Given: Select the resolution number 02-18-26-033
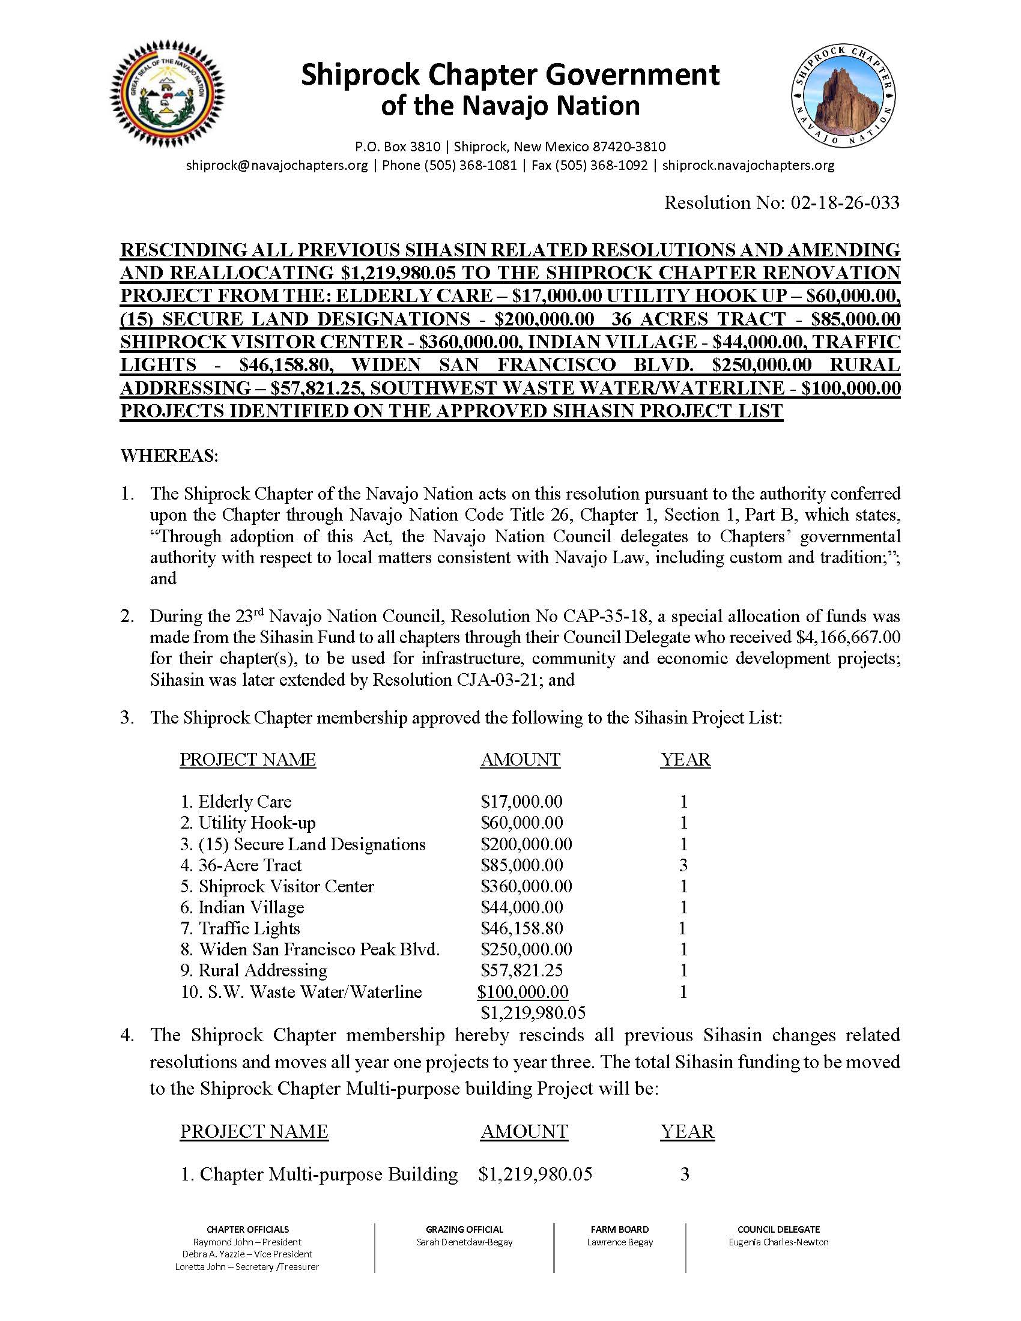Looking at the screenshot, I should tap(844, 202).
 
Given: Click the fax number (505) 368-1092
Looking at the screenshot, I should tap(590, 165).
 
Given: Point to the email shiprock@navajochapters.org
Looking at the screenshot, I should tap(277, 165).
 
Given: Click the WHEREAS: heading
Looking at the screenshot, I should tap(169, 456).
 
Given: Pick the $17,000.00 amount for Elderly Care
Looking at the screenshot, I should tap(521, 802).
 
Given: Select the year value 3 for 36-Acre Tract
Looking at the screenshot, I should tap(683, 865).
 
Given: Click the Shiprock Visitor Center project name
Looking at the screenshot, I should tap(285, 886).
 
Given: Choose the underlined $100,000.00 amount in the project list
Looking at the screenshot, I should tap(523, 991).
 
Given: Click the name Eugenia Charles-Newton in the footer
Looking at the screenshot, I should tap(778, 1242).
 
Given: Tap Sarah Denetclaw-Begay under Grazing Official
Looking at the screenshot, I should tap(464, 1242).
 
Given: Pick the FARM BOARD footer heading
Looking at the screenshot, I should tap(619, 1229).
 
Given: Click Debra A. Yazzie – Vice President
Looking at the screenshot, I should tap(247, 1254).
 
